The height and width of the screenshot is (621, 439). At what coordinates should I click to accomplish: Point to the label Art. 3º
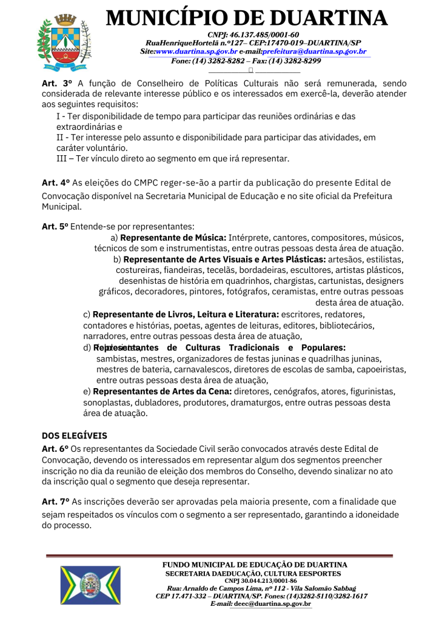click(x=53, y=83)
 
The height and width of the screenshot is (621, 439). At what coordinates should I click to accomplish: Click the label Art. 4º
click(x=53, y=182)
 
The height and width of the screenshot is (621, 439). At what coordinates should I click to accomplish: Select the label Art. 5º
click(x=53, y=226)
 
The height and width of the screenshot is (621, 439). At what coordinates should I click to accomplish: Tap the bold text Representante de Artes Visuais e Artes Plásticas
click(x=224, y=259)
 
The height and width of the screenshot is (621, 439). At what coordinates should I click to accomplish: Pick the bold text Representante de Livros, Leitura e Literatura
click(x=186, y=315)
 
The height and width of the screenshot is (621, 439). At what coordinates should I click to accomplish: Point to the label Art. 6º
click(x=53, y=448)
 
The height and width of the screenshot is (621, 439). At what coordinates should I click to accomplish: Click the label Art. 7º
click(x=53, y=502)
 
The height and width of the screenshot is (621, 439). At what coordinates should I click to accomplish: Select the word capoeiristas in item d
click(x=377, y=369)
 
